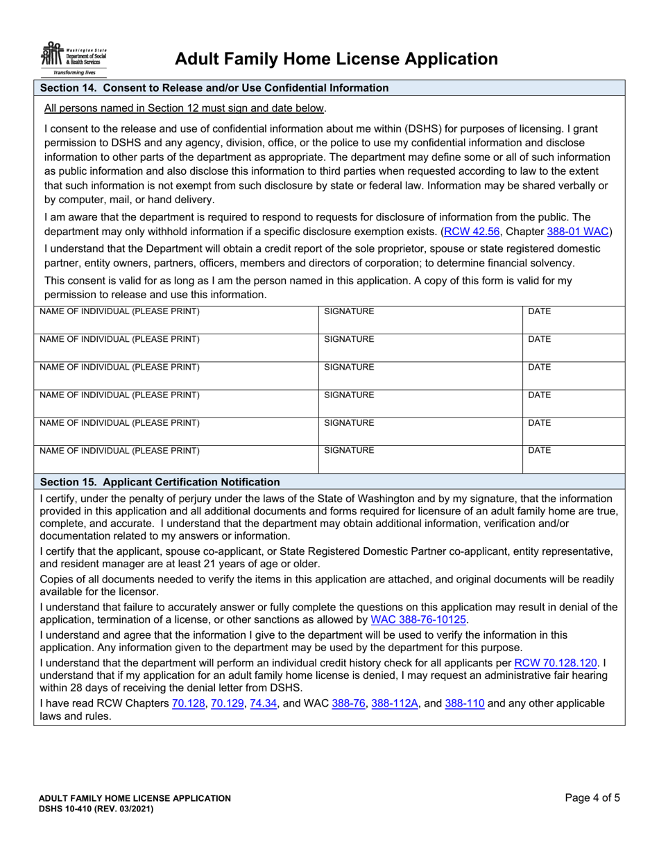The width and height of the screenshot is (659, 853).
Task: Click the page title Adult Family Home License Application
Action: tap(336, 59)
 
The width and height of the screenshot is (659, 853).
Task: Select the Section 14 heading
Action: tap(214, 88)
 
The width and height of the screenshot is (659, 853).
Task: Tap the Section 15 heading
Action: tap(160, 482)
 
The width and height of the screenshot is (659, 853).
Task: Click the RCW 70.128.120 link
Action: tap(556, 663)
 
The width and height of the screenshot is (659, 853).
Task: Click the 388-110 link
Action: tap(464, 703)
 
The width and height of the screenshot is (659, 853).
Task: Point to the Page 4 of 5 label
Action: tap(592, 798)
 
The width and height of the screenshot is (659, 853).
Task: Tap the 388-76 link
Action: tap(349, 703)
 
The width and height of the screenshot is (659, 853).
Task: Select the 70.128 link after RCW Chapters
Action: tap(187, 703)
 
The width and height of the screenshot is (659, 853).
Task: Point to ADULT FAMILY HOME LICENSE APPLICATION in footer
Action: tap(135, 799)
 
